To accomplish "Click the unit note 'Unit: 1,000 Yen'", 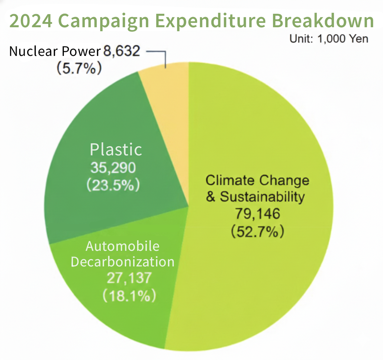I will (x=329, y=39).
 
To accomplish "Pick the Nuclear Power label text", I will (x=54, y=51).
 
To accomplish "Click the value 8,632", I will (x=122, y=51).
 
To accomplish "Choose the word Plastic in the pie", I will (x=116, y=150).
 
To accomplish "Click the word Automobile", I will (x=122, y=246).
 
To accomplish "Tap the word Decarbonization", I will (x=122, y=262).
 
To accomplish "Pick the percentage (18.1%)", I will (x=129, y=296).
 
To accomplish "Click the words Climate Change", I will (x=258, y=180).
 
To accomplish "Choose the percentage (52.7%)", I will (x=258, y=231).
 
